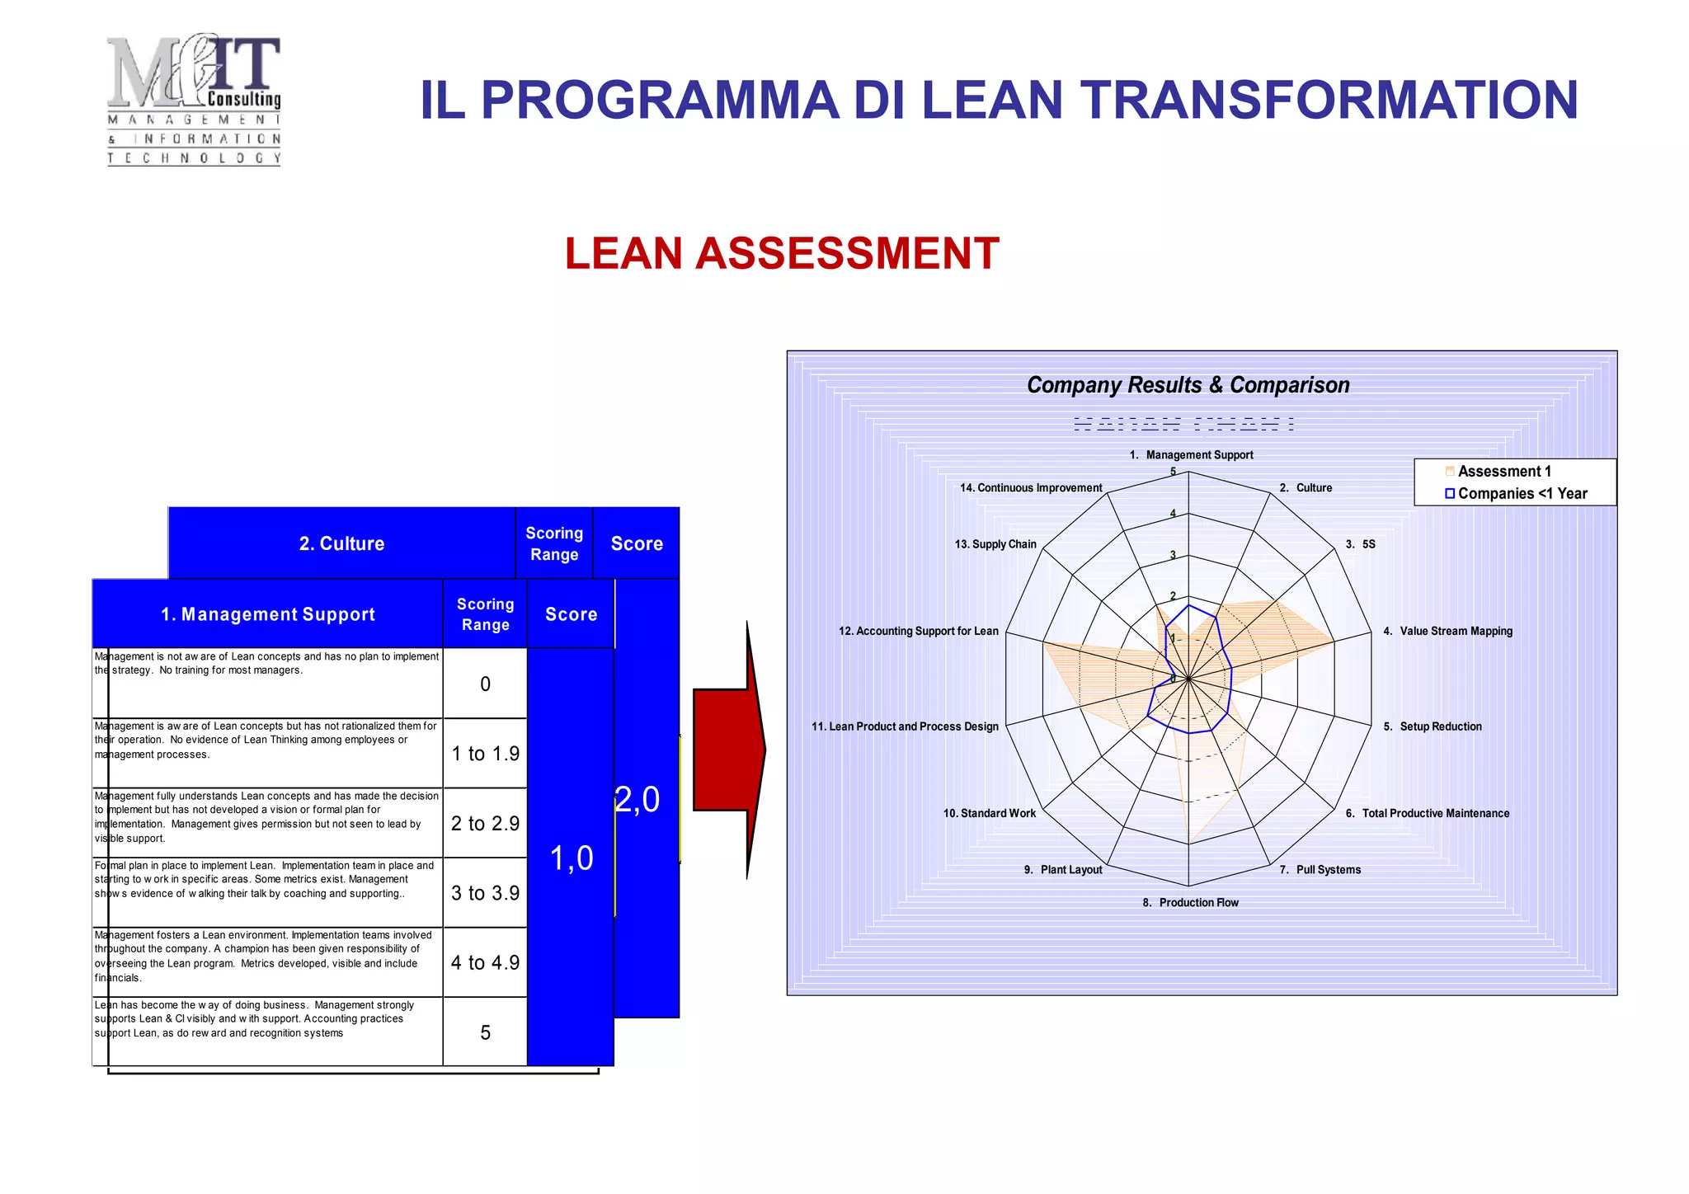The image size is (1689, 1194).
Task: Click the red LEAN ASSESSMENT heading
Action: tap(781, 253)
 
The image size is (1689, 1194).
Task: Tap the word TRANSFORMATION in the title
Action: tap(1329, 100)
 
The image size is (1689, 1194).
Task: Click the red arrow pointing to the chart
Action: tap(729, 750)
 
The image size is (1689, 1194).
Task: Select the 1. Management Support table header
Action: tap(268, 614)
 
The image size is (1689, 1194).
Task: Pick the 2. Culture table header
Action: tap(341, 543)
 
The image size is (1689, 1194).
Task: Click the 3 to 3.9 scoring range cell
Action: tap(485, 893)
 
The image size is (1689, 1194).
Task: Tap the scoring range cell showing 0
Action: tap(485, 684)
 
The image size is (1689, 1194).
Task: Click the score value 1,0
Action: tap(572, 858)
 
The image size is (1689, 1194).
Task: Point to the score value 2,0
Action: tap(637, 799)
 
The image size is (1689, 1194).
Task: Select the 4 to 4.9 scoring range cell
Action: tap(485, 962)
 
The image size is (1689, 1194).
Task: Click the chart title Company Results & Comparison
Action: tap(1188, 385)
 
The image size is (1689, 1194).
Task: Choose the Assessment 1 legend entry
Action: tap(1503, 472)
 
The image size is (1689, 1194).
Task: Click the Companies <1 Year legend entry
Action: tap(1521, 493)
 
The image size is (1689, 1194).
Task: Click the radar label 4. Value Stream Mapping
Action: tap(1447, 631)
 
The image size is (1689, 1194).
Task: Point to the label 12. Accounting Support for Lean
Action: tap(918, 631)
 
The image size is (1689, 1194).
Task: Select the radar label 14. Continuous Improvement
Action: tap(1030, 488)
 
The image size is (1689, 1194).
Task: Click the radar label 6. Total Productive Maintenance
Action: tap(1427, 813)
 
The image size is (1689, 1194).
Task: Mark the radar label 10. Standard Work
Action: tap(989, 813)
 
